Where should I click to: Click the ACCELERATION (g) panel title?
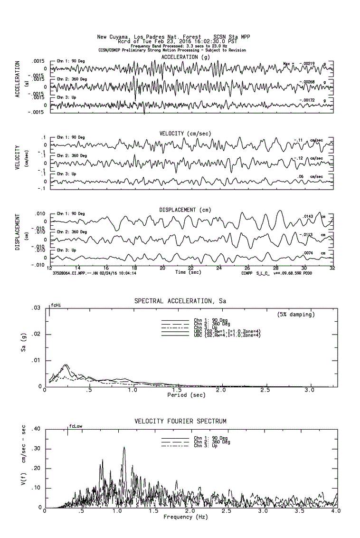[185, 58]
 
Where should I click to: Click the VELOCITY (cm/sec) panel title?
[185, 134]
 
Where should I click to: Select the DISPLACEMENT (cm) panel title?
[185, 210]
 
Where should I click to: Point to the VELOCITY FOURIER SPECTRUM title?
[180, 422]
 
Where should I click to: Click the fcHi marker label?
[56, 306]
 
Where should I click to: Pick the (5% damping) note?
[296, 315]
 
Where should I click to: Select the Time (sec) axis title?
[187, 272]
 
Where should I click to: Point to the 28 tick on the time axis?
[275, 268]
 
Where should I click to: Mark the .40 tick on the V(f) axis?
[35, 429]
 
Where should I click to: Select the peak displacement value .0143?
[309, 217]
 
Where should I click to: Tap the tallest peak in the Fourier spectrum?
[124, 447]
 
